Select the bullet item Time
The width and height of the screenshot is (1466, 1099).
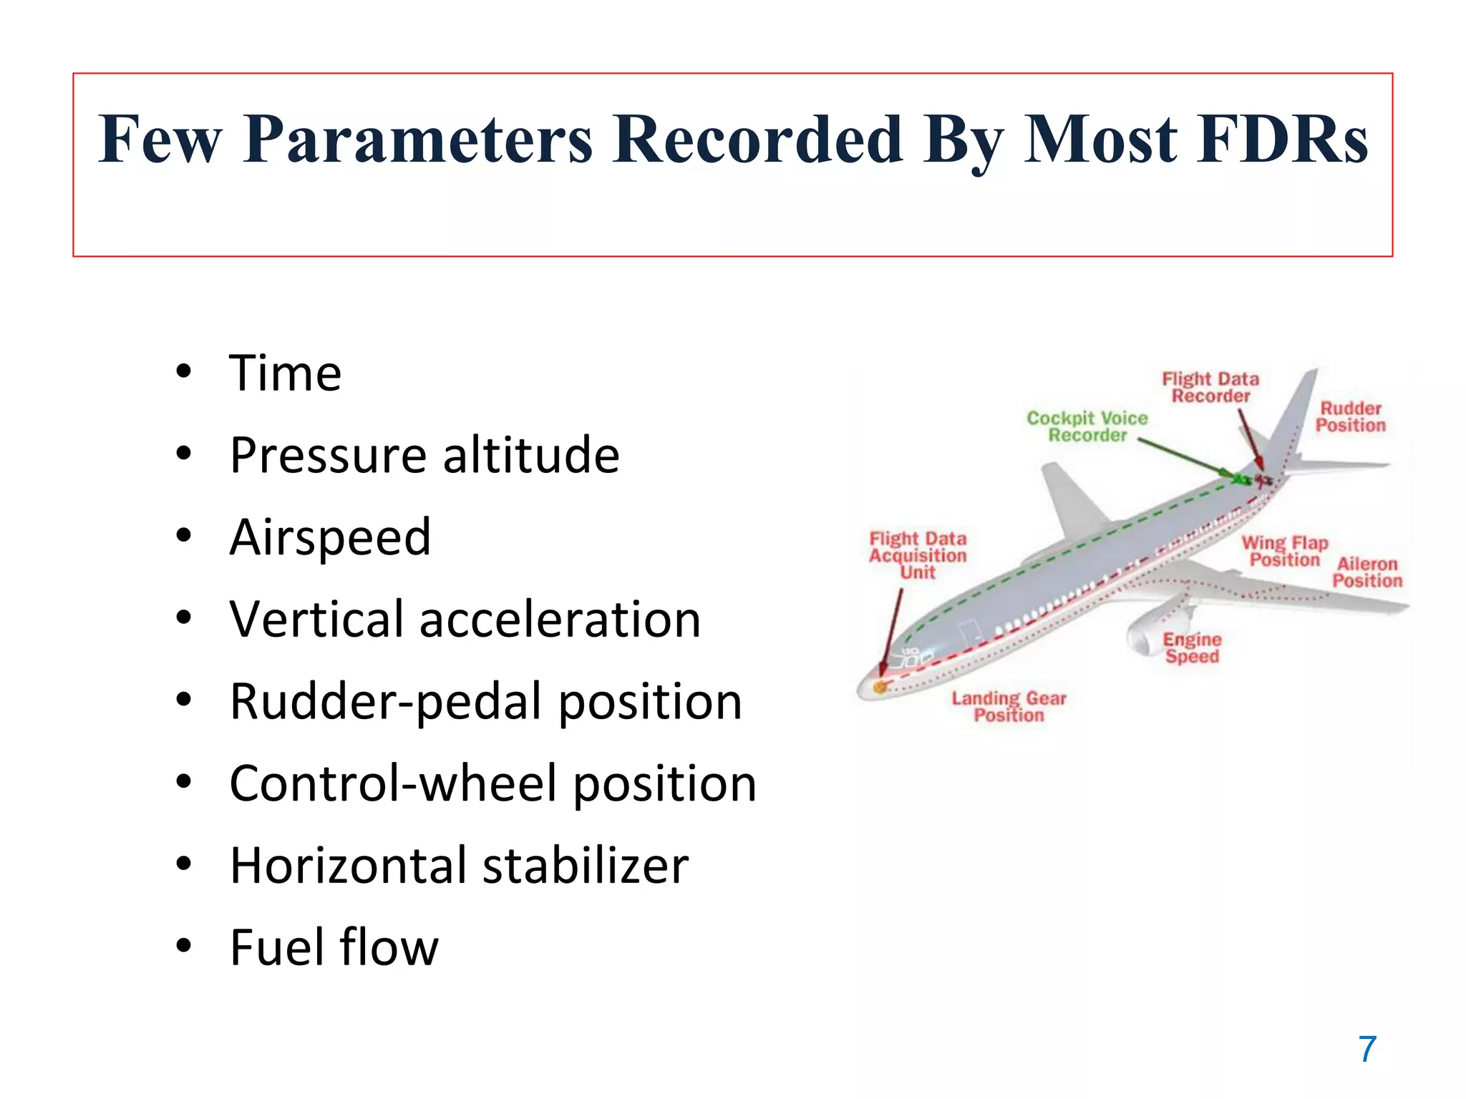285,373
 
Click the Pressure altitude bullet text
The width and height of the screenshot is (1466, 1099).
424,455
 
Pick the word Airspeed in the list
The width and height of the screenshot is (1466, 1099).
330,537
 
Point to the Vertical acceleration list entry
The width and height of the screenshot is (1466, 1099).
465,620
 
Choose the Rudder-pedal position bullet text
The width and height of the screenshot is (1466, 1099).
485,702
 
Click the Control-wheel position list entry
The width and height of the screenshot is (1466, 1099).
492,783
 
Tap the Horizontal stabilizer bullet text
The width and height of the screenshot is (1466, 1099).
459,866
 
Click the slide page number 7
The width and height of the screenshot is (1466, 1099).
1367,1050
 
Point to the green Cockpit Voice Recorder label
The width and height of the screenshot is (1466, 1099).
1087,426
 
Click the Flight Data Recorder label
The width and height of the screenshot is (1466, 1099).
1210,387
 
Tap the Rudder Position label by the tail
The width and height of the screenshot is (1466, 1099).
1350,416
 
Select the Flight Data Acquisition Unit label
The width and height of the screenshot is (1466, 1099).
918,555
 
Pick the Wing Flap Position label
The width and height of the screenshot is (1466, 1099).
1284,551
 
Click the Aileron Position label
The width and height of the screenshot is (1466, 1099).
1367,572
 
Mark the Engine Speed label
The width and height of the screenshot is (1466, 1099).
1192,648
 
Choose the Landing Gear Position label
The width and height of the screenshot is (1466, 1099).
1009,706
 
